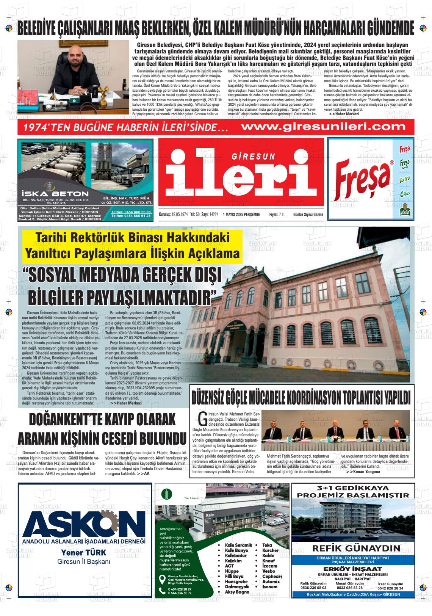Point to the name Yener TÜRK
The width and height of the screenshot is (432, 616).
84,552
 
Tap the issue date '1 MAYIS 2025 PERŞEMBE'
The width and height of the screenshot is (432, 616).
241,215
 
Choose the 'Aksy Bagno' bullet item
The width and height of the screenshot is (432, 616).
237,592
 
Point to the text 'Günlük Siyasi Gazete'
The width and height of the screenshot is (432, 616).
308,215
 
